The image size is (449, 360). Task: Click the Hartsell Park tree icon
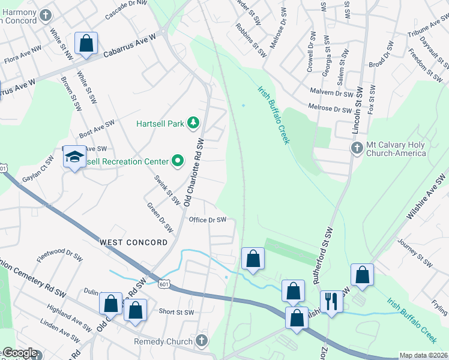tap(193, 124)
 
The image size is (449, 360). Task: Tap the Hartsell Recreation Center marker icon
tap(177, 161)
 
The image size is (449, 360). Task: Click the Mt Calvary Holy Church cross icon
tap(357, 148)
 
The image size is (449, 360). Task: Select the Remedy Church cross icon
tap(202, 341)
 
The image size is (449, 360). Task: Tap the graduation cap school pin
tap(74, 157)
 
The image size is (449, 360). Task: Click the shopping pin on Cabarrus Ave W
tap(86, 43)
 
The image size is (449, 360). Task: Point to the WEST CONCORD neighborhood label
tap(133, 242)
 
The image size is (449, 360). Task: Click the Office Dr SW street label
tap(207, 220)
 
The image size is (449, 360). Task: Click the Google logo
tap(19, 353)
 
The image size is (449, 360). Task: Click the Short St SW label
tap(176, 312)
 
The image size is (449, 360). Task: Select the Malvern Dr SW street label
tap(331, 94)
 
